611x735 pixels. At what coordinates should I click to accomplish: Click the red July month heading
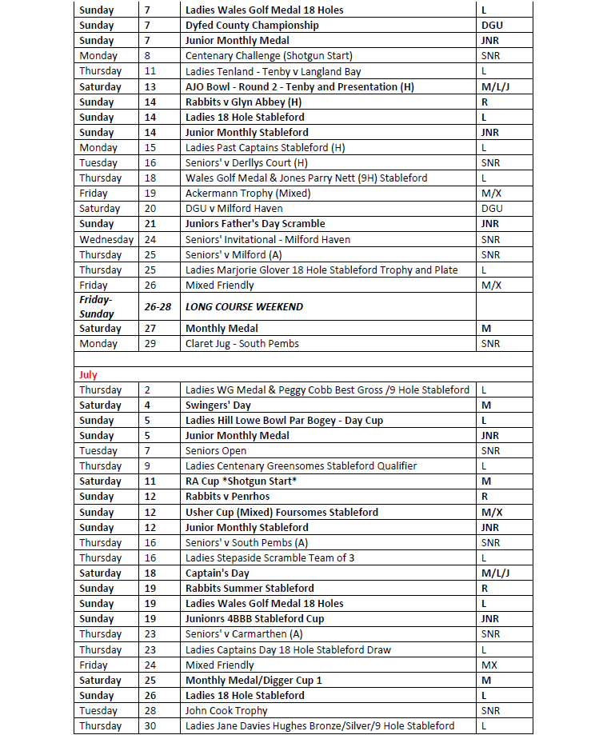[x=89, y=374]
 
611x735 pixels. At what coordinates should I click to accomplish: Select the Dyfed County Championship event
[x=252, y=25]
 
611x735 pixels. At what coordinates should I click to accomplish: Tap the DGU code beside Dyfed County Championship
[x=492, y=25]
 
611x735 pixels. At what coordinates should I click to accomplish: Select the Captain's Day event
[x=217, y=573]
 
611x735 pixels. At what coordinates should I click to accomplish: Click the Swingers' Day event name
[x=218, y=405]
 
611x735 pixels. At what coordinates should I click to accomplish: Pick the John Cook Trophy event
[x=226, y=710]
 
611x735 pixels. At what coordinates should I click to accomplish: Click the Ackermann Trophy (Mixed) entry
[x=248, y=193]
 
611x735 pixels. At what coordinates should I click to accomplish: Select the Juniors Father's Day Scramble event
[x=255, y=223]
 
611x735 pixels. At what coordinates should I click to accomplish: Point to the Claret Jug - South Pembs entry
[x=242, y=344]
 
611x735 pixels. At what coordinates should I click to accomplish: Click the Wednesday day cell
[x=106, y=239]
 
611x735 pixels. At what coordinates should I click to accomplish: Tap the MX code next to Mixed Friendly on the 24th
[x=489, y=665]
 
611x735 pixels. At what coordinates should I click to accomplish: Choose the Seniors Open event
[x=216, y=451]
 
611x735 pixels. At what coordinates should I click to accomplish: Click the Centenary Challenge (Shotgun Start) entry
[x=269, y=56]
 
